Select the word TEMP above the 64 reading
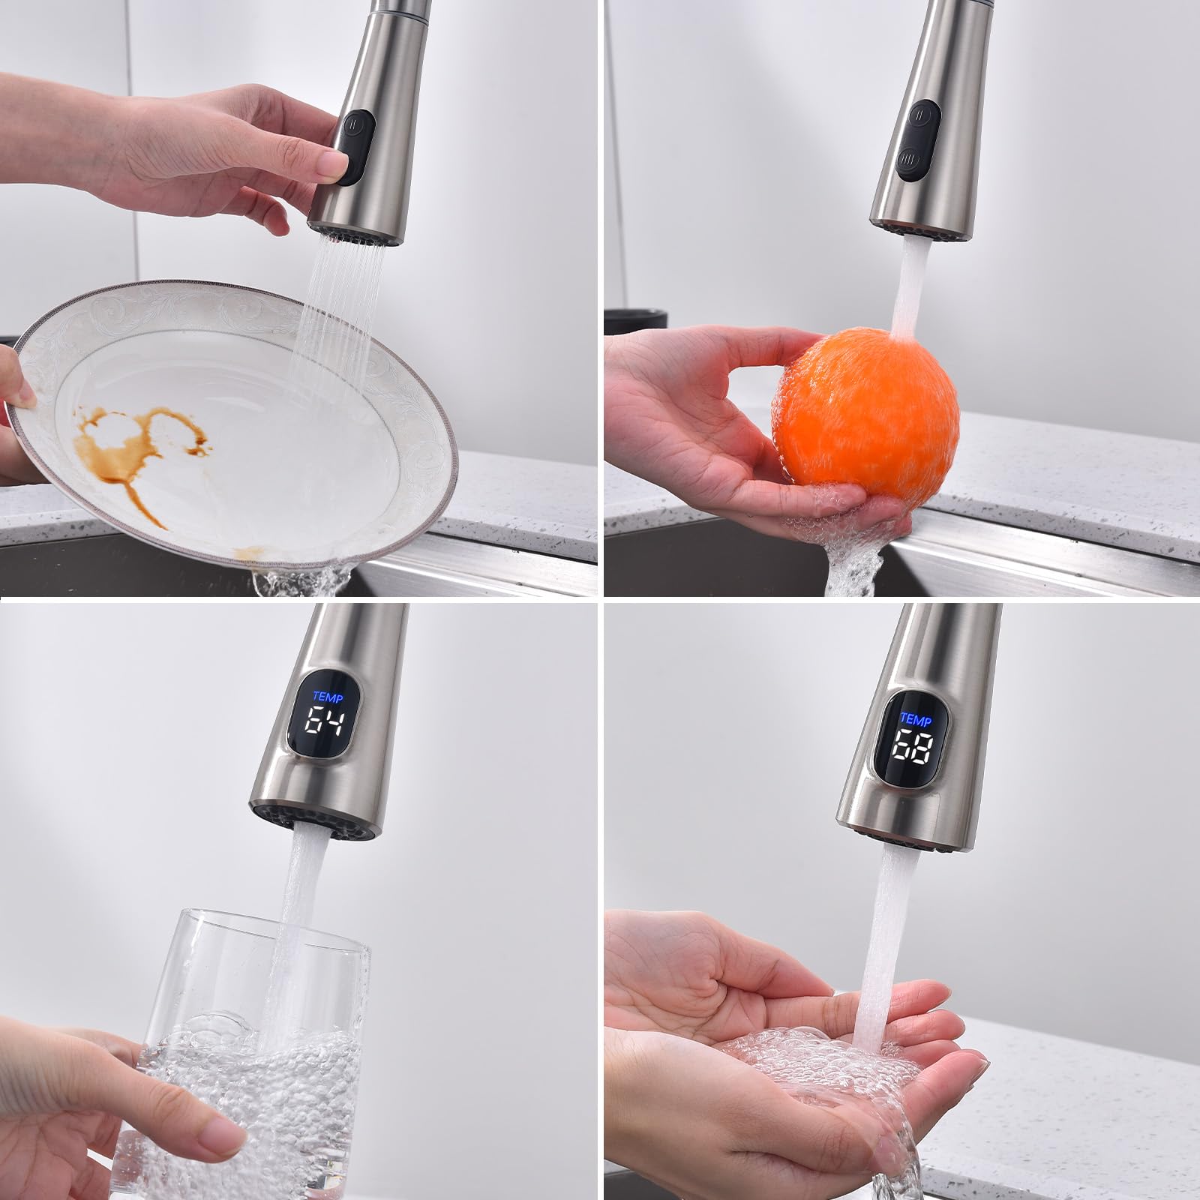click(x=328, y=697)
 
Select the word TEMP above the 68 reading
click(x=916, y=721)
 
